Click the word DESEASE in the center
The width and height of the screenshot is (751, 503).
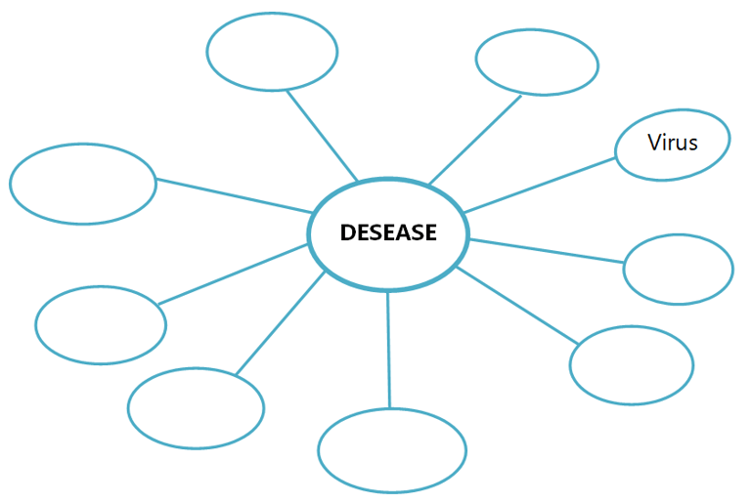388,233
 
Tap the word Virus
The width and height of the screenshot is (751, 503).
673,143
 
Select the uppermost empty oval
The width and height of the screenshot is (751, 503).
272,51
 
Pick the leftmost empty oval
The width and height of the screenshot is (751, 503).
83,184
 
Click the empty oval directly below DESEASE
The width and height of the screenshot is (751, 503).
392,449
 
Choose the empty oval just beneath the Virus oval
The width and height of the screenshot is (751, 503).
678,269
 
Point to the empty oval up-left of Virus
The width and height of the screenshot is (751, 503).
537,62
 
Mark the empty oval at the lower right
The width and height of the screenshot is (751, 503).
631,364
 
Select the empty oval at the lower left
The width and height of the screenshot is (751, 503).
196,407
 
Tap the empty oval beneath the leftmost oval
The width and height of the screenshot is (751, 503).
101,324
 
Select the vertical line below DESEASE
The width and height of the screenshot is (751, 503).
388,349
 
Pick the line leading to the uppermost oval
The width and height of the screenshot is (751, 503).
322,136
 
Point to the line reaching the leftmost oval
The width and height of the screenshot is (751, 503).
234,195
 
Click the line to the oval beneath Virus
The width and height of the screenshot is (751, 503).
546,250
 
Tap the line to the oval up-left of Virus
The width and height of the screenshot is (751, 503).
475,138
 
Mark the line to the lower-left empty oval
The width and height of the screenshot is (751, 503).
280,323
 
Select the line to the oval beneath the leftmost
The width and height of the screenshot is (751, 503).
233,274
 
